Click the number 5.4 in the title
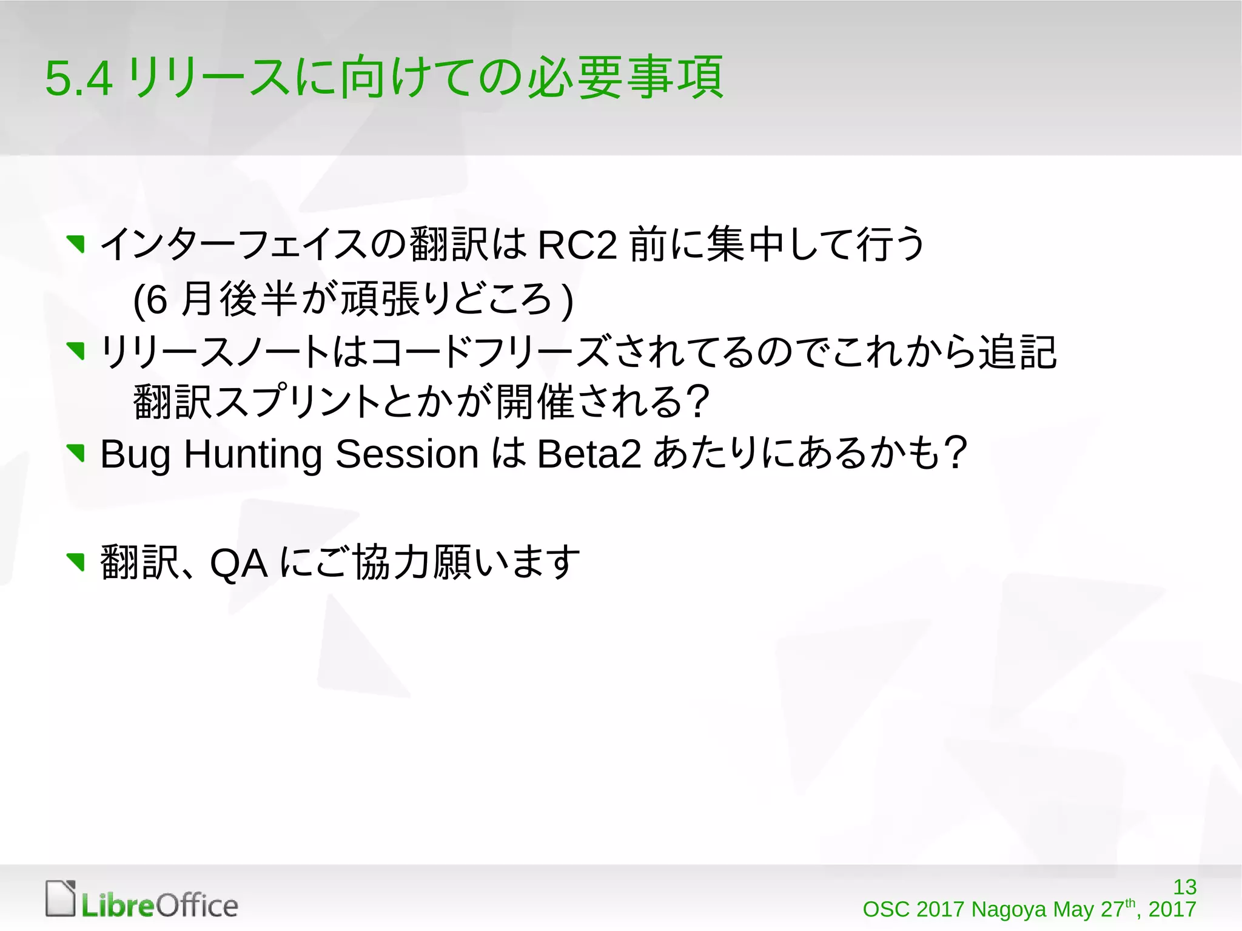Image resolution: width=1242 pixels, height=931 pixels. coord(79,79)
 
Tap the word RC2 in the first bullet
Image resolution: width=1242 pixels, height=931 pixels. coord(577,246)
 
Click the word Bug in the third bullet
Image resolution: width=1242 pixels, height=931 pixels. coord(135,454)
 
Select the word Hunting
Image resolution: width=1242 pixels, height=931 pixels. coord(252,454)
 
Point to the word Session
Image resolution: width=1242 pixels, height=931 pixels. coord(407,454)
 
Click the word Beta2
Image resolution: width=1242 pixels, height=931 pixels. coord(588,454)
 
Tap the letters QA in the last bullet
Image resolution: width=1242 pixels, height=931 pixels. coord(238,563)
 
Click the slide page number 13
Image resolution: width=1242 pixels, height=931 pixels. coord(1184,887)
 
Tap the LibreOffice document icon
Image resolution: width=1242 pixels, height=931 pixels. coord(61,898)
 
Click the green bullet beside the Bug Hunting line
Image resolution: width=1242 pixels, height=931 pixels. coord(76,453)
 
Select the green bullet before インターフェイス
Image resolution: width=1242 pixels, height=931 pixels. coord(76,244)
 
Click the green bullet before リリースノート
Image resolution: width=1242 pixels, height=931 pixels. coord(76,350)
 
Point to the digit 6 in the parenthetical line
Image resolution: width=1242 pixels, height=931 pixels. coord(156,300)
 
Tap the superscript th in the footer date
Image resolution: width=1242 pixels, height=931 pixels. coord(1130,902)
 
